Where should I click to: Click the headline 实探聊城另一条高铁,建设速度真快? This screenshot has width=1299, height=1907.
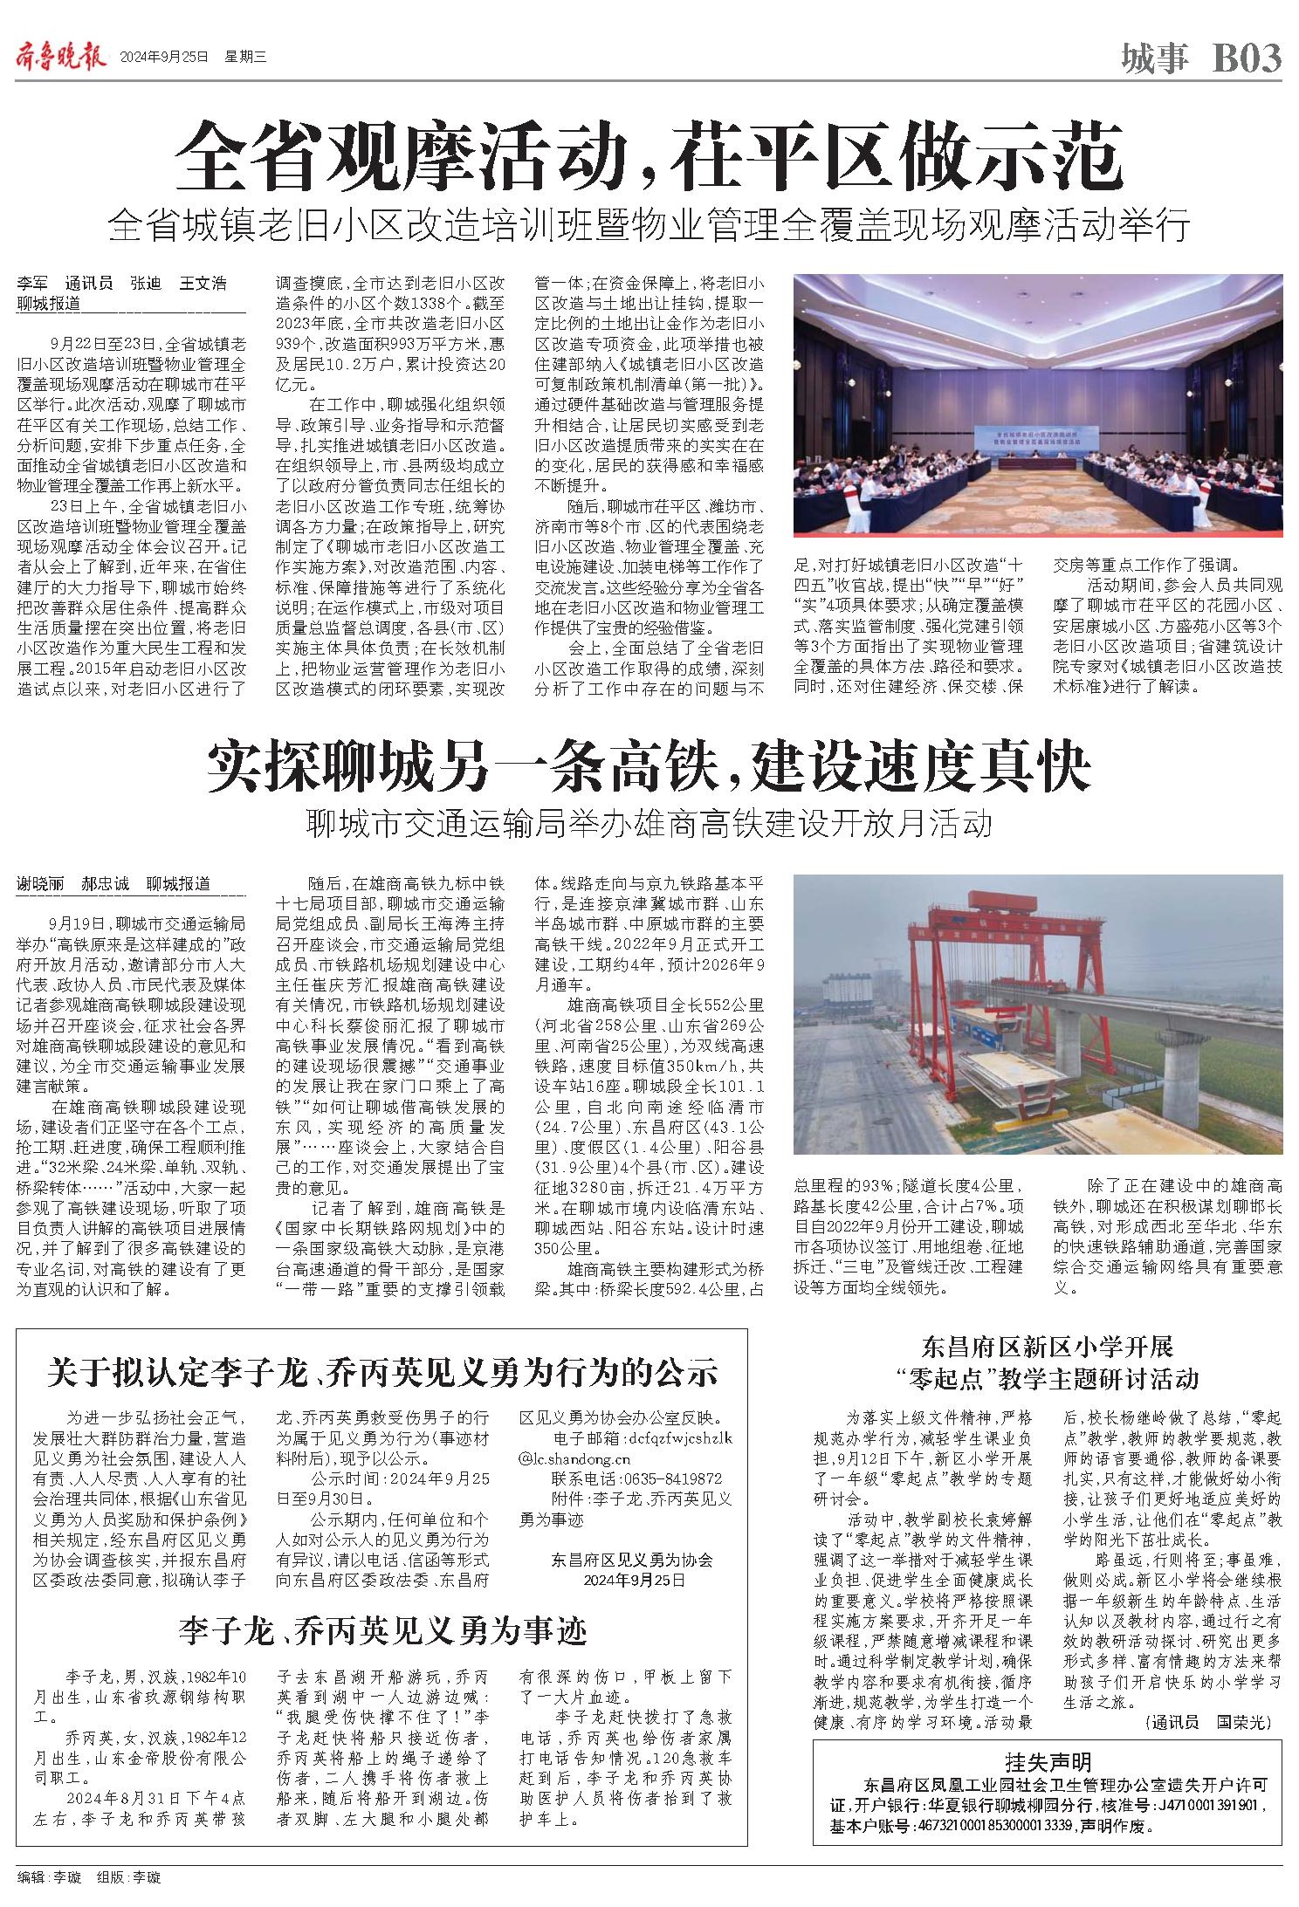(x=648, y=766)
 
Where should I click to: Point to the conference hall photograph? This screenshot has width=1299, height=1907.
(x=1037, y=404)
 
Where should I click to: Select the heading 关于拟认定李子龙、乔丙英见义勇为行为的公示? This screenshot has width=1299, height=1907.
(x=382, y=1372)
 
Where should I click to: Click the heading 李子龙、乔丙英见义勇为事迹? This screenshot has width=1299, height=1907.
(x=382, y=1629)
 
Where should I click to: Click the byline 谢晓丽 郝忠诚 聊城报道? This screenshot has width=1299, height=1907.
(x=114, y=883)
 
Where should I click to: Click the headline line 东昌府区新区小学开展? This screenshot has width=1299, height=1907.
(x=1047, y=1348)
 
